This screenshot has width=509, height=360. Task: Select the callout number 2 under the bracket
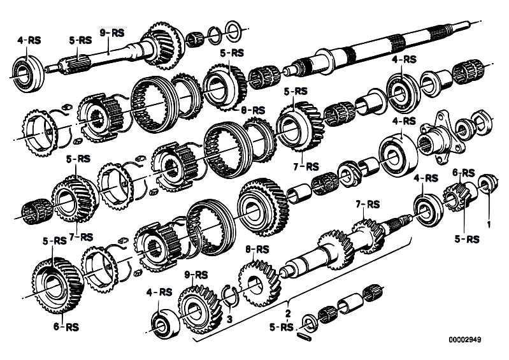288,313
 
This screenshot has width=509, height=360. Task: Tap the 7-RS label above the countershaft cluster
368,205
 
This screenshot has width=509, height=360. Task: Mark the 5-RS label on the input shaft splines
80,40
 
